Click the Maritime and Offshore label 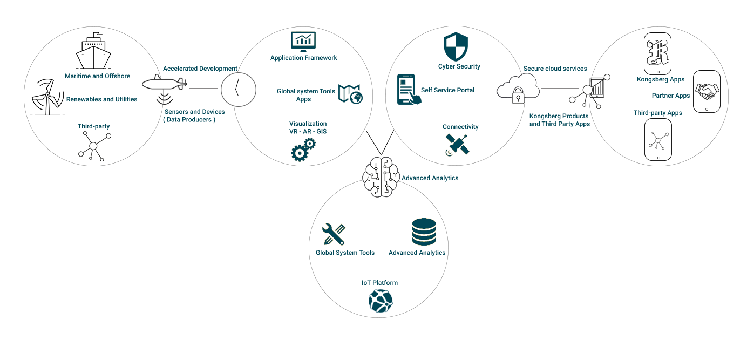(97, 76)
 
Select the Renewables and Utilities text (101, 99)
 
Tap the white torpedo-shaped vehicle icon (164, 84)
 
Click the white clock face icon (238, 89)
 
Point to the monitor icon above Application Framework (303, 40)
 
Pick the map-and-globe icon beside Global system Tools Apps (350, 93)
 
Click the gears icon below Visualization (303, 150)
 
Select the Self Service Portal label (447, 90)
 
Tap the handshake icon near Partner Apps (707, 92)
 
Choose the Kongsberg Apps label (660, 79)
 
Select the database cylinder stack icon (424, 232)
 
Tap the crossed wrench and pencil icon (333, 234)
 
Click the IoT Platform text (379, 283)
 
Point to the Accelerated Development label (200, 69)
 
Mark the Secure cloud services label (555, 69)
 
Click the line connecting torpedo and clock (204, 88)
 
